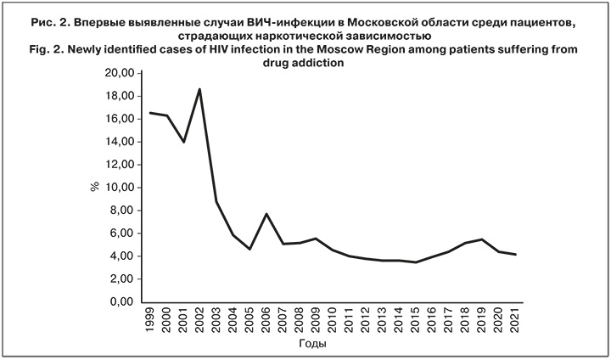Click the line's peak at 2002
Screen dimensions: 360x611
199,89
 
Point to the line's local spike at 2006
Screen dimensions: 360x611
267,214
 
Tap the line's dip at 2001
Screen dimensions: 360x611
182,142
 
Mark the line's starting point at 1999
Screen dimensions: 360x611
149,113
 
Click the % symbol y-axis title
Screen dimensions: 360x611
95,188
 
